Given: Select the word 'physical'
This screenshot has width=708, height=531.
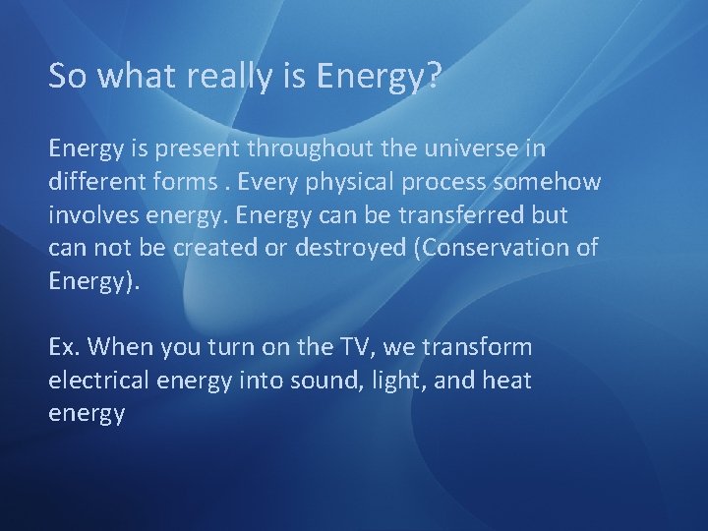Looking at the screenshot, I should [365, 182].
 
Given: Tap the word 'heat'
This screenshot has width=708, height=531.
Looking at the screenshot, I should [505, 381].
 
